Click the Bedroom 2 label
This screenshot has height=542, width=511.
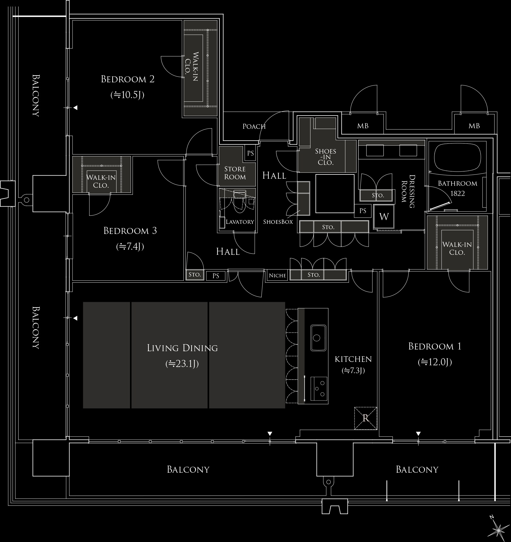(128, 79)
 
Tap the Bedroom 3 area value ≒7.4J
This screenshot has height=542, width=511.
(130, 247)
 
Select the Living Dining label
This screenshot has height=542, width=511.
(182, 348)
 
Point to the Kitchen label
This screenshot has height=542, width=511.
(353, 359)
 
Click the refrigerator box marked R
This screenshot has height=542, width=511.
(366, 418)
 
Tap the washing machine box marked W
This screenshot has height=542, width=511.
(384, 216)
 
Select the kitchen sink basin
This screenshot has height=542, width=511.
(318, 338)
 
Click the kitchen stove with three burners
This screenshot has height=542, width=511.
(319, 389)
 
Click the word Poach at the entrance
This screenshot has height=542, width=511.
(254, 127)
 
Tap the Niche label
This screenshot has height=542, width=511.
(277, 275)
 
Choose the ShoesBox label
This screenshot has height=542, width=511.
(278, 222)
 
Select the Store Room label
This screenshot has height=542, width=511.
(235, 173)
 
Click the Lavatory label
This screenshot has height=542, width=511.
(240, 222)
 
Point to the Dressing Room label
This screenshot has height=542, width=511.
(412, 191)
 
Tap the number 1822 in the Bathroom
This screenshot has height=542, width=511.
(457, 193)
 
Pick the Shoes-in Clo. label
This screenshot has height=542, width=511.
(326, 157)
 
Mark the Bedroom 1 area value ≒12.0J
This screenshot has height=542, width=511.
(435, 362)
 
